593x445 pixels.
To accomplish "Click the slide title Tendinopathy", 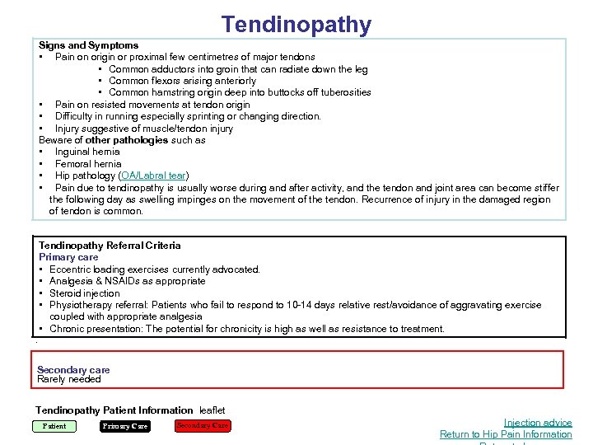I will (x=296, y=25).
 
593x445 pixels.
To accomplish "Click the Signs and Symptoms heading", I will (x=88, y=45).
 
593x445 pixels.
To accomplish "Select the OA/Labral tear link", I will (x=154, y=176).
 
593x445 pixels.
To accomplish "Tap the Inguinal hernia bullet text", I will (x=87, y=152).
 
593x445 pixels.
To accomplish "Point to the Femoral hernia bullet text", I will (x=87, y=164).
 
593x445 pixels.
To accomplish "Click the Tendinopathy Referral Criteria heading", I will (x=110, y=246).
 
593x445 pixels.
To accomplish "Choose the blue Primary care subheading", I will (x=68, y=257).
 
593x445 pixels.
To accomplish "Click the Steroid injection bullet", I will (x=85, y=293).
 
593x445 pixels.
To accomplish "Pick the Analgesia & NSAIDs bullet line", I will (x=128, y=281).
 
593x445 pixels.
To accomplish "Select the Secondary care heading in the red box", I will (x=73, y=370).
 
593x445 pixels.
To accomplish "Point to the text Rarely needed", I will (x=69, y=380).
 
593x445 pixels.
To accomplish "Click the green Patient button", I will (x=54, y=426).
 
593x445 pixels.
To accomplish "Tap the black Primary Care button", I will (x=125, y=426).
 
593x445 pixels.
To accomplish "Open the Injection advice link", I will (x=537, y=423).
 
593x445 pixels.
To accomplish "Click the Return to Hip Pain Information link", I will (x=506, y=434).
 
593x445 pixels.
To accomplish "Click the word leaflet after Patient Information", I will (x=212, y=410).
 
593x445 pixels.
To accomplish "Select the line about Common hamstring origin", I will (x=240, y=92).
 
